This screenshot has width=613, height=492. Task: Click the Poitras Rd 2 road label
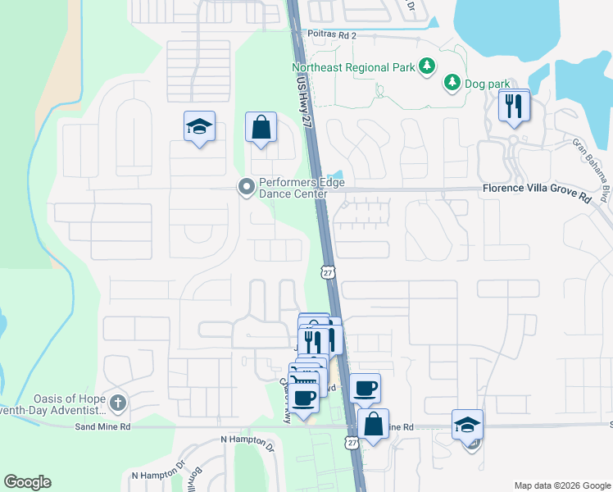(333, 35)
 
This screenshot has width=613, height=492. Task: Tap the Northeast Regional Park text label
(353, 66)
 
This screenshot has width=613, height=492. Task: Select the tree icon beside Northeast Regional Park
(426, 66)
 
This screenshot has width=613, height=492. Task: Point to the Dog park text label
(486, 84)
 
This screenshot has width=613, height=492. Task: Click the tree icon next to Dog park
(451, 82)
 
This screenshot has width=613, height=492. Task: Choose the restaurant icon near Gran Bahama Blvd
(514, 106)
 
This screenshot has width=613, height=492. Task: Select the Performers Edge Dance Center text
(293, 189)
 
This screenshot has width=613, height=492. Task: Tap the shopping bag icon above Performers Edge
(261, 127)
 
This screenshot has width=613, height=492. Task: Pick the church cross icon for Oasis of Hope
(118, 403)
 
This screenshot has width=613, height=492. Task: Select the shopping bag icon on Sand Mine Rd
(373, 425)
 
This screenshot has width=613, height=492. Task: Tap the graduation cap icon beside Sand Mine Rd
(467, 425)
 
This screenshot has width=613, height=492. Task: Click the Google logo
(27, 482)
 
